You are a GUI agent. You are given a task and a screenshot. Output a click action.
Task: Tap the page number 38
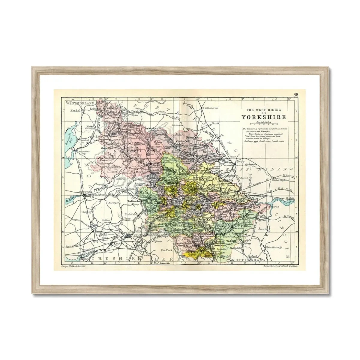click(x=296, y=94)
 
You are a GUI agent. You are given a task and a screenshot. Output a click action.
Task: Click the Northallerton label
click(x=211, y=107)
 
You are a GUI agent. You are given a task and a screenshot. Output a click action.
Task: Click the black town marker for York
click(x=235, y=162)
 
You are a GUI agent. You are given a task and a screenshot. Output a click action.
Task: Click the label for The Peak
click(x=166, y=250)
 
